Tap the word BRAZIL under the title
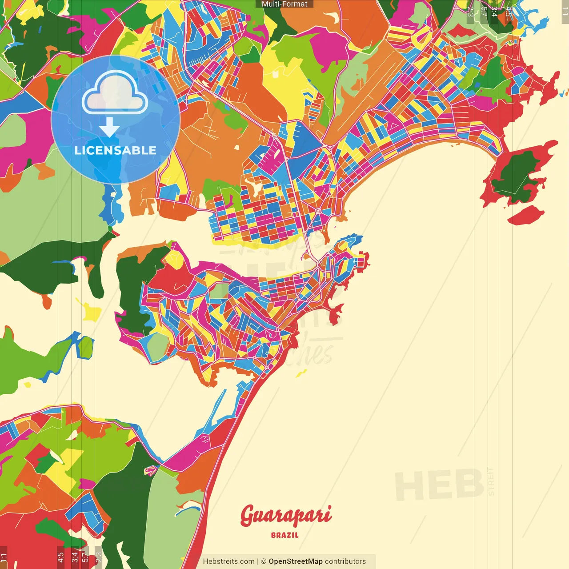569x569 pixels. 284,535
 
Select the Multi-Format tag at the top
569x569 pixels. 284,4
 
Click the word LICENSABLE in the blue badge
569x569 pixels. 116,150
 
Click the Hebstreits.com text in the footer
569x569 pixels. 228,561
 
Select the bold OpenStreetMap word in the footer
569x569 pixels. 295,561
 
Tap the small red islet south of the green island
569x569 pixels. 526,216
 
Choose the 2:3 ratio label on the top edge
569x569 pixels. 470,11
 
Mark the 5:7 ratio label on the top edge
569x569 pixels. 484,11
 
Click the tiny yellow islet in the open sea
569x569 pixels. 302,373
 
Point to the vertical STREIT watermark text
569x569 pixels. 491,481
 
